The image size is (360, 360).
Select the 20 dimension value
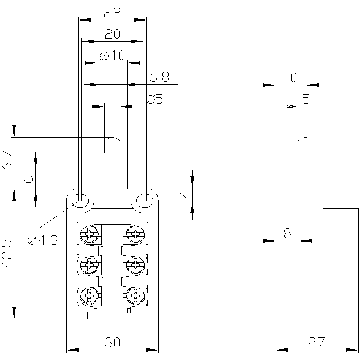[x=112, y=34]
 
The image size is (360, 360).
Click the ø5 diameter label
[x=155, y=99]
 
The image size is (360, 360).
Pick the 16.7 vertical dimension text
[x=7, y=163]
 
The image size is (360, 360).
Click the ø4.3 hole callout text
[x=42, y=240]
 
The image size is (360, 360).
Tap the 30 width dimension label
[x=112, y=342]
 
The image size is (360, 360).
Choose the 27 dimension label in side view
[x=317, y=342]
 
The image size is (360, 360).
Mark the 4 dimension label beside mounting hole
[x=184, y=194]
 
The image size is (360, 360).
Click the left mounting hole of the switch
[x=80, y=199]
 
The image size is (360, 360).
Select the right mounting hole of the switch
[x=145, y=198]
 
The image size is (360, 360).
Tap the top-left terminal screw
[x=89, y=234]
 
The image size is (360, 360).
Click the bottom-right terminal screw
[x=135, y=296]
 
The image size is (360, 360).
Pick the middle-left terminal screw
[x=89, y=265]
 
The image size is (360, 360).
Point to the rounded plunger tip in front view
[x=112, y=139]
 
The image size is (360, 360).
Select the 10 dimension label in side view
[x=290, y=77]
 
